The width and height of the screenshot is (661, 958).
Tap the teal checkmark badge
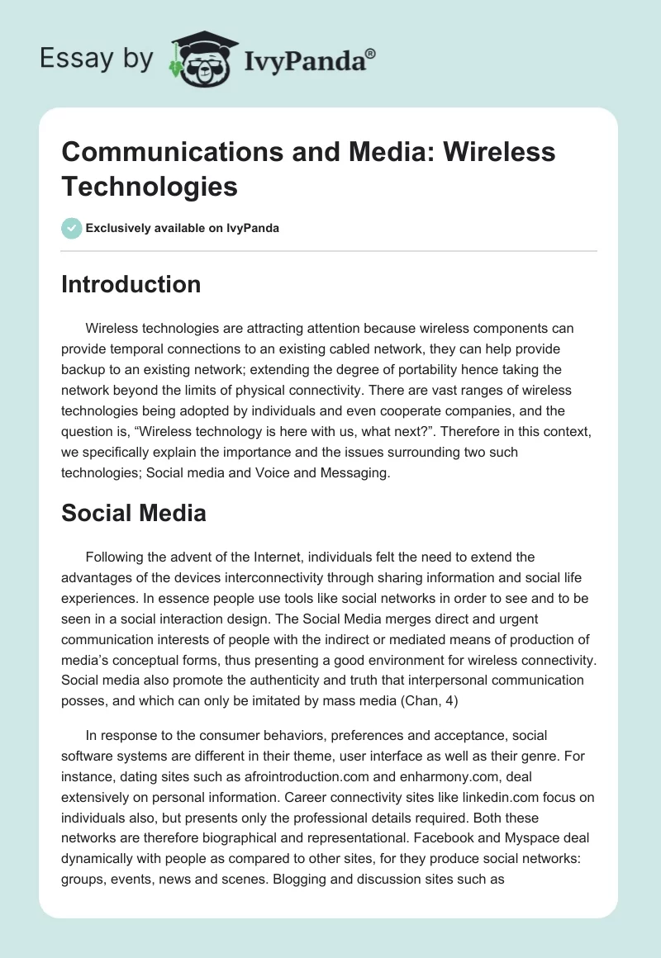72,228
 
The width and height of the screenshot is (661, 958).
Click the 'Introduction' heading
131,284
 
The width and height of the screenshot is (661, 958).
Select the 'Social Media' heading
134,513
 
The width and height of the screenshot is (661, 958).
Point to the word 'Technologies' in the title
150,186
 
